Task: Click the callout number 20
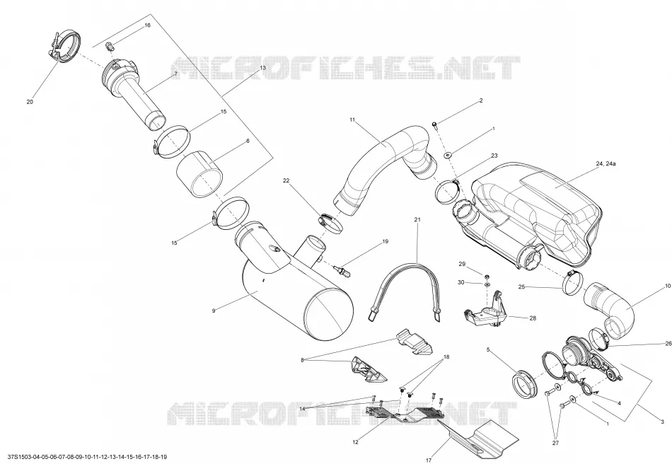[30, 102]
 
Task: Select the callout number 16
[147, 25]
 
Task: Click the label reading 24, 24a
[606, 163]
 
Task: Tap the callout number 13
[262, 68]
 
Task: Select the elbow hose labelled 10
[610, 308]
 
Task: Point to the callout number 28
[533, 318]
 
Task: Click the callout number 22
[286, 180]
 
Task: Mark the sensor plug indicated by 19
[342, 270]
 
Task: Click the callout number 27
[555, 443]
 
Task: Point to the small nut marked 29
[487, 275]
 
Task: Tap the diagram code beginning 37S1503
[84, 457]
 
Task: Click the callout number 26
[668, 344]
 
